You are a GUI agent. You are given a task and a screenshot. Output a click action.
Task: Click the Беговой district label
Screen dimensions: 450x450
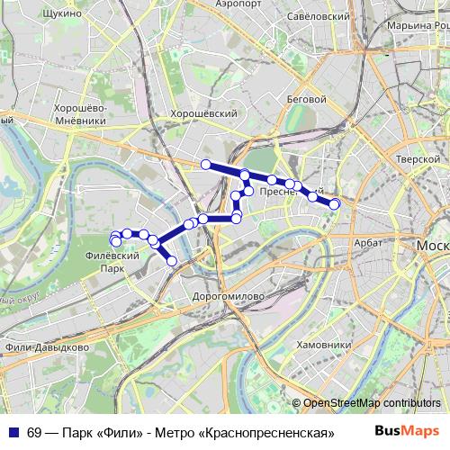[x=305, y=98]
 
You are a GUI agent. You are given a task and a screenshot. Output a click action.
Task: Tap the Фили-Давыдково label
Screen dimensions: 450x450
[x=46, y=346]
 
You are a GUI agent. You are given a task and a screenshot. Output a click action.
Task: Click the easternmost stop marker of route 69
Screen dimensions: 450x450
[x=335, y=204]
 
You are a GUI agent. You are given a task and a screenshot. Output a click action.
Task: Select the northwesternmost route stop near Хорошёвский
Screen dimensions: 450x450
[x=206, y=164]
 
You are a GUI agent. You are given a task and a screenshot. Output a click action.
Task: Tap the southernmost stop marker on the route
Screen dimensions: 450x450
[x=173, y=261]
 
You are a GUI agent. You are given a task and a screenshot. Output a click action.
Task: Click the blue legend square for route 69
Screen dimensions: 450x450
[x=13, y=432]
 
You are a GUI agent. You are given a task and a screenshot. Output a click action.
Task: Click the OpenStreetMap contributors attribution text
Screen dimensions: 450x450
[x=371, y=403]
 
